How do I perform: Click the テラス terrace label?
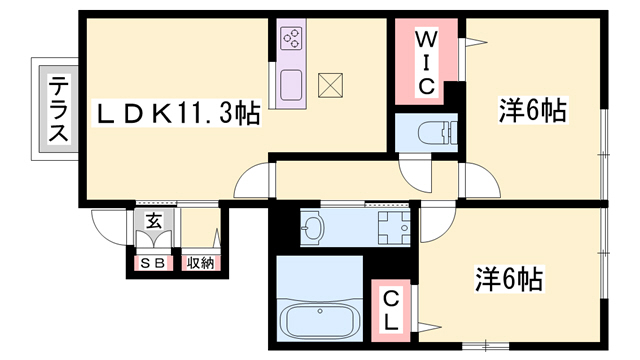click(x=57, y=109)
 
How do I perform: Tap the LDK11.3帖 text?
click(x=176, y=114)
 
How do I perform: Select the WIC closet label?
click(x=426, y=63)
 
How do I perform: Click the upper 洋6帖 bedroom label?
click(x=533, y=110)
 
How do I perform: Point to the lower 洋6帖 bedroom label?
click(x=509, y=279)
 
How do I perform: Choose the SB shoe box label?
click(x=153, y=263)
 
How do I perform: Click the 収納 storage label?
click(x=200, y=263)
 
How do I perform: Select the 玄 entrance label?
click(x=154, y=221)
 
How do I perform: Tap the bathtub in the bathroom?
click(x=320, y=319)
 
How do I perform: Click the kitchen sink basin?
click(x=291, y=85)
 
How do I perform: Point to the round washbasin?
click(x=313, y=227)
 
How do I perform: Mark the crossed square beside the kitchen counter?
click(x=330, y=85)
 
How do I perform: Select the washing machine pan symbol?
click(x=393, y=228)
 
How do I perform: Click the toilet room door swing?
click(x=416, y=176)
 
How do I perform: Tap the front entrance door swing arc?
click(x=109, y=227)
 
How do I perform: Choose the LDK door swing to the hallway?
click(x=252, y=180)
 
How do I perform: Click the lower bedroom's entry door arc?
click(x=438, y=223)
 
